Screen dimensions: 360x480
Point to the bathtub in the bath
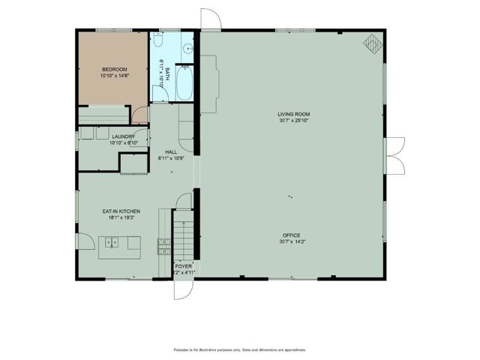[x=184, y=83]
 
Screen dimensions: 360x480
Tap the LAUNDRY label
[x=122, y=136]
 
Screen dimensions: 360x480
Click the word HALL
[x=171, y=152]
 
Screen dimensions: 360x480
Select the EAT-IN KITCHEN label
[x=121, y=211]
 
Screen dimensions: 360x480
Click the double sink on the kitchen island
[x=112, y=242]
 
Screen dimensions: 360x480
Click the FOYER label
[x=184, y=266]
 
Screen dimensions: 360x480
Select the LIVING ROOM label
[x=293, y=114]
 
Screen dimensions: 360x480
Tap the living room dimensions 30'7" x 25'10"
[x=293, y=121]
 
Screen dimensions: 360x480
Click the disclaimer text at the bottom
[x=239, y=349]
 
